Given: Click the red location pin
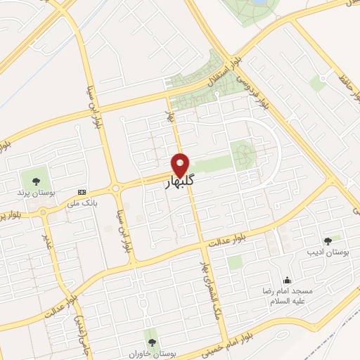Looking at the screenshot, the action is point(181,165).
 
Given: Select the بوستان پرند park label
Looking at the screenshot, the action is point(31,191).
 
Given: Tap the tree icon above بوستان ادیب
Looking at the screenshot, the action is point(329,240).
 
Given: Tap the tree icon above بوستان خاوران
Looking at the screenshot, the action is point(150,342).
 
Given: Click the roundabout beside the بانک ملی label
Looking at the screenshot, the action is point(115,188).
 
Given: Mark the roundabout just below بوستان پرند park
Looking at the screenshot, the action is point(43,210).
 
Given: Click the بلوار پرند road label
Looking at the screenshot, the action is point(13,214).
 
